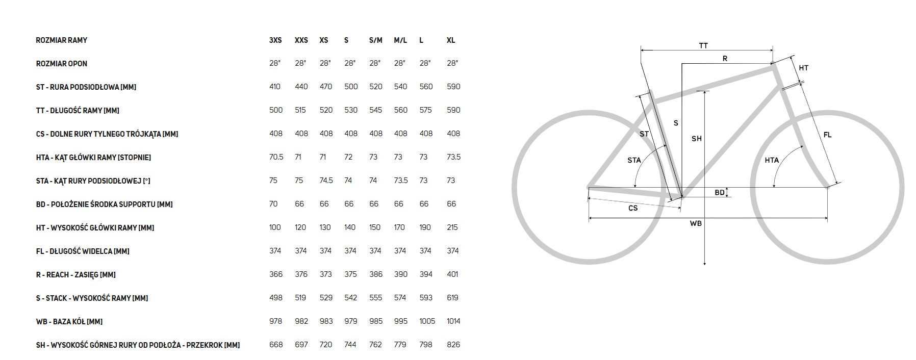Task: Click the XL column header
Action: pyautogui.click(x=451, y=40)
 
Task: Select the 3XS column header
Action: pyautogui.click(x=275, y=40)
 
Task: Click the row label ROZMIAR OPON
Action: pyautogui.click(x=62, y=64)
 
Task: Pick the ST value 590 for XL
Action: pyautogui.click(x=453, y=87)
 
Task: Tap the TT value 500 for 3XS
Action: pyautogui.click(x=276, y=110)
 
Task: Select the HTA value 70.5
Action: pyautogui.click(x=276, y=157)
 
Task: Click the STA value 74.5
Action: pyautogui.click(x=326, y=181)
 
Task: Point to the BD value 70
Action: pyautogui.click(x=273, y=204)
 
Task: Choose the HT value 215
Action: pyautogui.click(x=452, y=227)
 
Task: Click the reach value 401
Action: pyautogui.click(x=452, y=274)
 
